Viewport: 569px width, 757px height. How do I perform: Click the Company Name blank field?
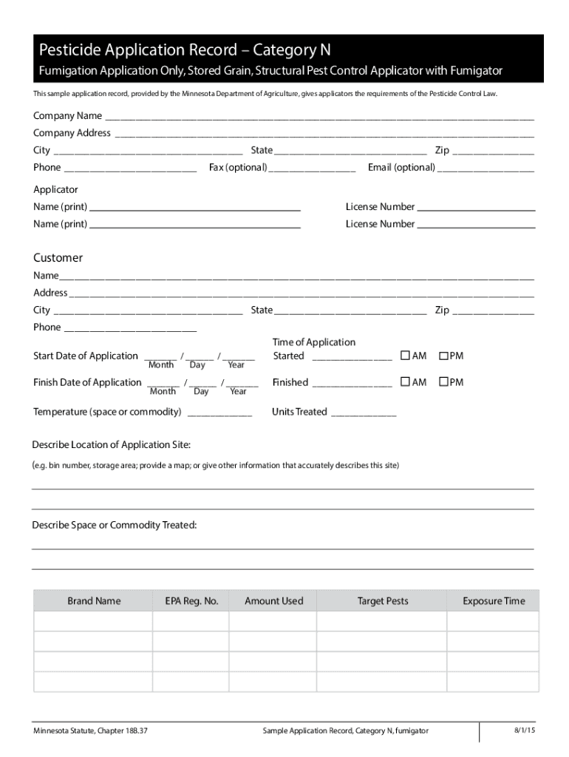click(x=318, y=117)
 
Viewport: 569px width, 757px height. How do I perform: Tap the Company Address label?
click(x=72, y=133)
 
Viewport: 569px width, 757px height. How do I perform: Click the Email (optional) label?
click(x=401, y=168)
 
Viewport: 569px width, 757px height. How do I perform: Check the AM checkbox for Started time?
click(x=405, y=356)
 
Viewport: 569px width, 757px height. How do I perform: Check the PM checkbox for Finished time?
click(x=444, y=382)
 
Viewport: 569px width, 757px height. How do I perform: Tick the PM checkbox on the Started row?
click(x=444, y=356)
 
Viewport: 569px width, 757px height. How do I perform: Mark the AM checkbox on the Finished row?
click(x=405, y=382)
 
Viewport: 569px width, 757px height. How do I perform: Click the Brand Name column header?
click(x=94, y=601)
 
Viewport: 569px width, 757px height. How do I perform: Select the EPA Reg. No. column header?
click(x=191, y=601)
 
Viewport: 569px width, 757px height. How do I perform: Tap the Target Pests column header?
click(x=383, y=601)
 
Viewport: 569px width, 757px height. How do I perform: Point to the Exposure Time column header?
click(x=494, y=601)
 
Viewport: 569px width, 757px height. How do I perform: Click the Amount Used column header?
click(x=273, y=601)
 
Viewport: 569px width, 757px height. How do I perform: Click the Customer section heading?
click(x=58, y=258)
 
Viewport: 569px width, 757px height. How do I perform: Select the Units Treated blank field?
click(x=363, y=413)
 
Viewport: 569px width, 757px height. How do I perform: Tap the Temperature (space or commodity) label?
click(x=107, y=412)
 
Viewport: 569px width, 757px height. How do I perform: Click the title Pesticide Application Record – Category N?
click(x=185, y=50)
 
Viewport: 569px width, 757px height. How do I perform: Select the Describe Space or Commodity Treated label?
click(x=114, y=526)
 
